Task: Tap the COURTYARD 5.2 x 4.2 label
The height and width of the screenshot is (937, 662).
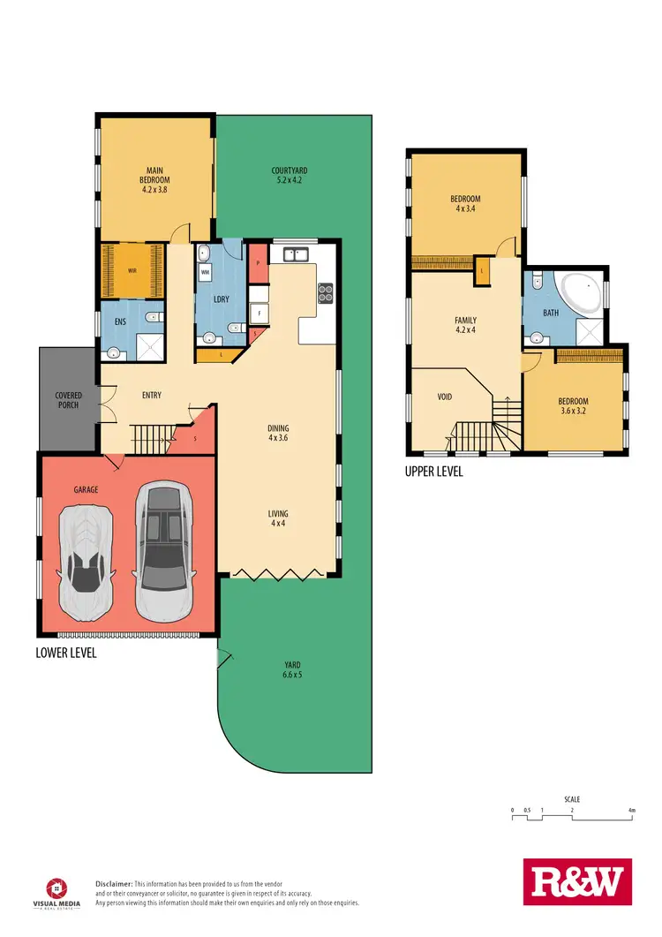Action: click(289, 177)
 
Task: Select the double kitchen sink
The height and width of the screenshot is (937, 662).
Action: click(295, 255)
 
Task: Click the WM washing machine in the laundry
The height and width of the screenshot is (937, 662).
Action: click(205, 274)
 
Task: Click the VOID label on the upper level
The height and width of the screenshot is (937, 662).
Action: click(445, 397)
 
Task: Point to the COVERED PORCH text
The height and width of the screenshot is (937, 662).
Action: click(68, 399)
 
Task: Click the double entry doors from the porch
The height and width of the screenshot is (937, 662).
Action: click(105, 406)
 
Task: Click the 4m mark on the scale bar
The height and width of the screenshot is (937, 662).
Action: click(632, 810)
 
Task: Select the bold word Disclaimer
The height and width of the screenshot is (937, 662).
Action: click(114, 883)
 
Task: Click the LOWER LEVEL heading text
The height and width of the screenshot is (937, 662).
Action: click(66, 653)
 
